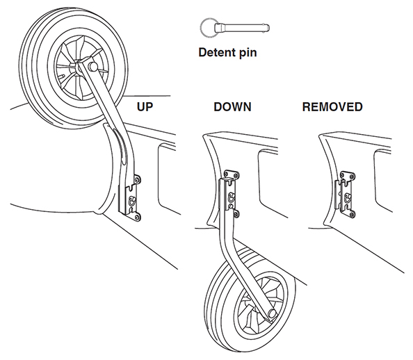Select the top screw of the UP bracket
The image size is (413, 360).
pyautogui.click(x=137, y=179)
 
